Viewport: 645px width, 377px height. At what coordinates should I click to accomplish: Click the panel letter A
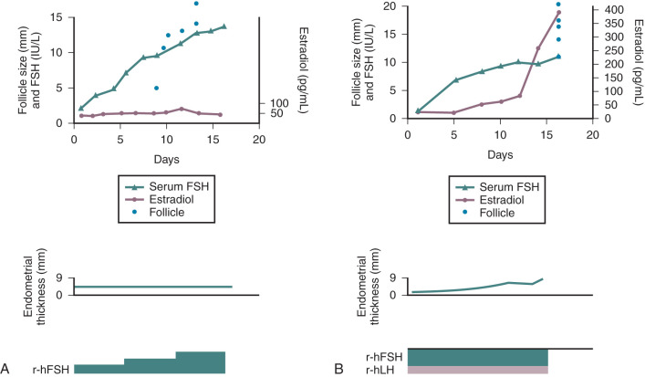6,368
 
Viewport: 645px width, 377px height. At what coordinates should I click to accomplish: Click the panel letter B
338,368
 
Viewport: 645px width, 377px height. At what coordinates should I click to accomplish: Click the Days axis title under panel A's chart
166,159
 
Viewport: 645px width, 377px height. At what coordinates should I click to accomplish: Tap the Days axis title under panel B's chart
500,159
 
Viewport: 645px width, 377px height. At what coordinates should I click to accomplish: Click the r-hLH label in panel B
384,372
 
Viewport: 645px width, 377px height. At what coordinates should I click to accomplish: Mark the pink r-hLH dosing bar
477,371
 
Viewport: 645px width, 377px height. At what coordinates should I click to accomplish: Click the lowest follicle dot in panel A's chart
157,88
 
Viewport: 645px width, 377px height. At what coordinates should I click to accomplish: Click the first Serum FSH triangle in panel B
417,111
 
